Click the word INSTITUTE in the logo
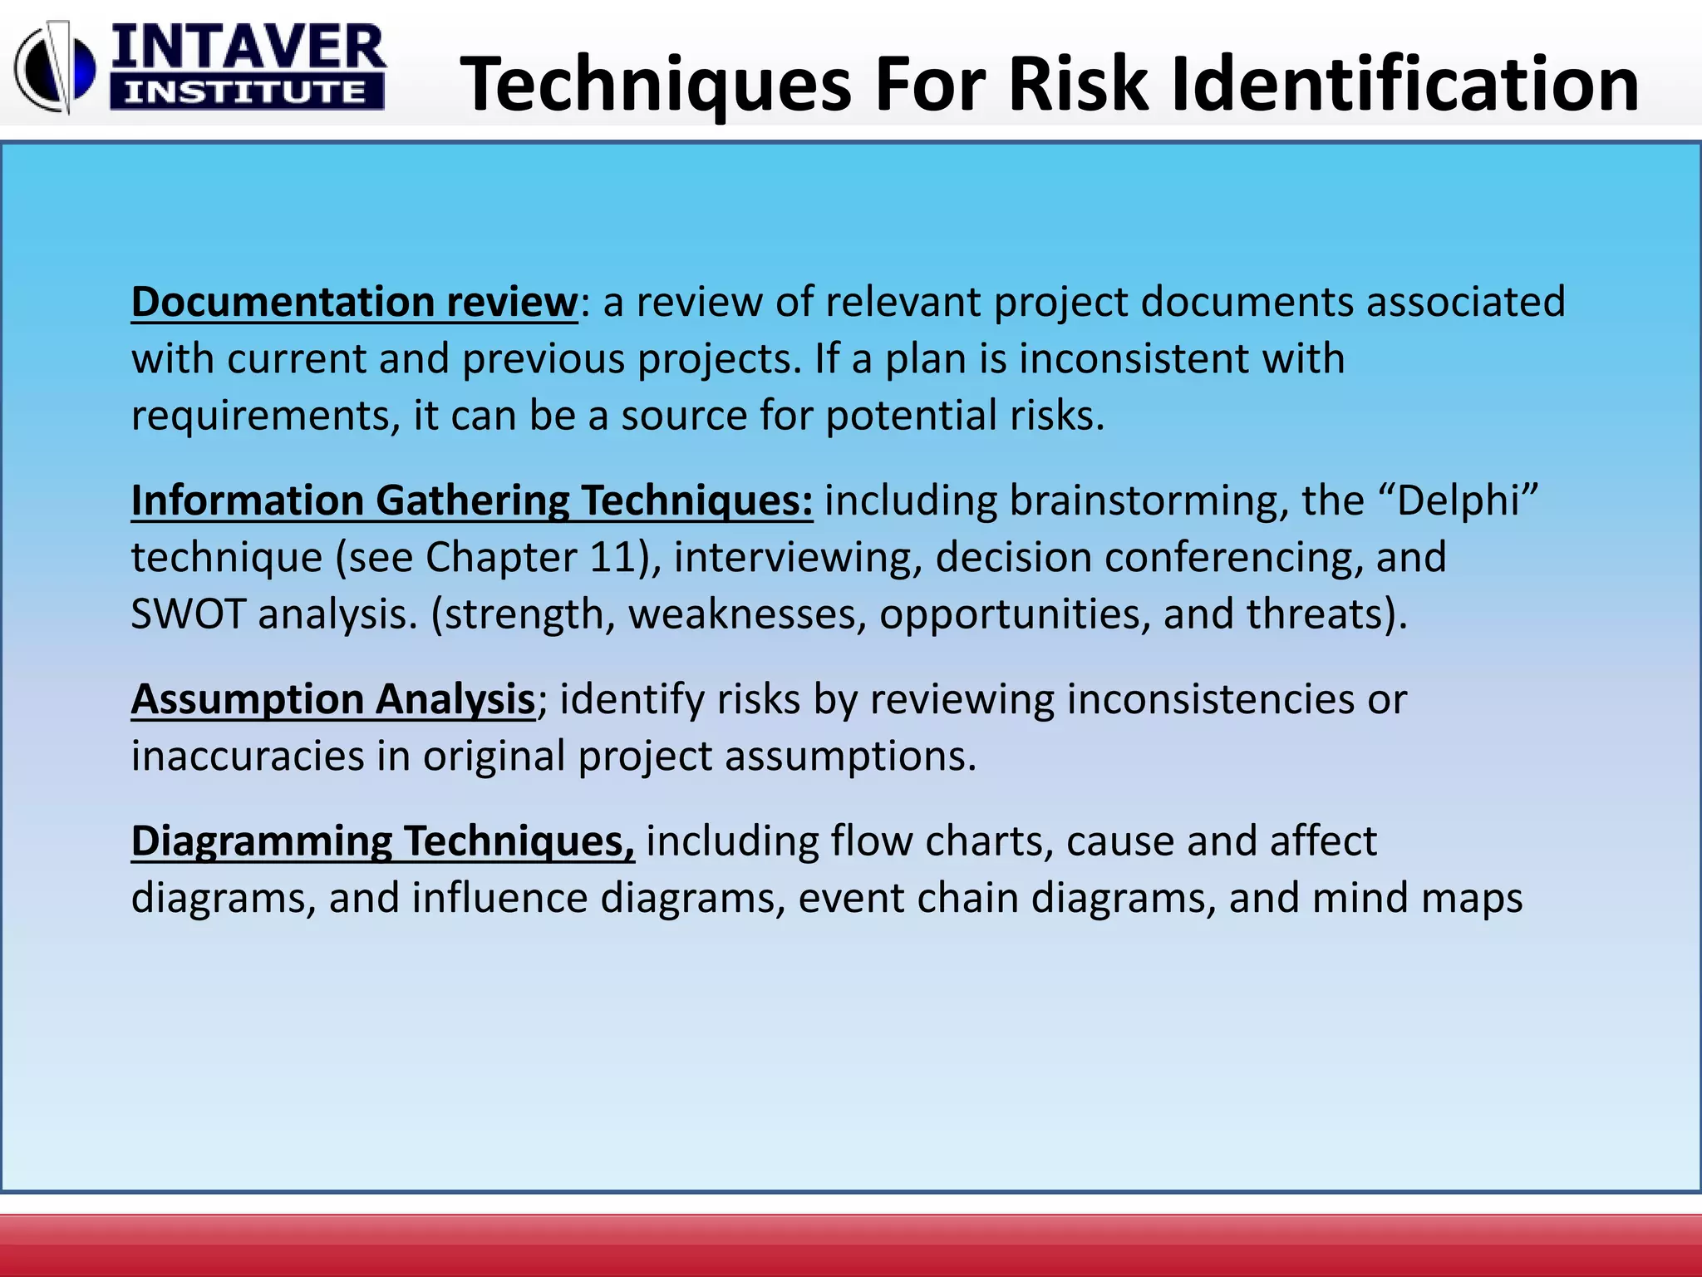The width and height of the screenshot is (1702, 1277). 246,92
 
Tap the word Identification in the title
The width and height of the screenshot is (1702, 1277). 1405,84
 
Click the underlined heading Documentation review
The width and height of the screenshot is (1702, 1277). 354,302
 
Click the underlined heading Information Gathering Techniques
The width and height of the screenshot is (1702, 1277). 471,500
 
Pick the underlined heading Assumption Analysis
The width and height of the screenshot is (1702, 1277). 333,699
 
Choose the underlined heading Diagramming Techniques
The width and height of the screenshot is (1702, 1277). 382,841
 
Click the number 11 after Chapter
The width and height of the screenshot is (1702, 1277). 612,557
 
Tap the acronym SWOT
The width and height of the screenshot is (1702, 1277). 188,614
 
